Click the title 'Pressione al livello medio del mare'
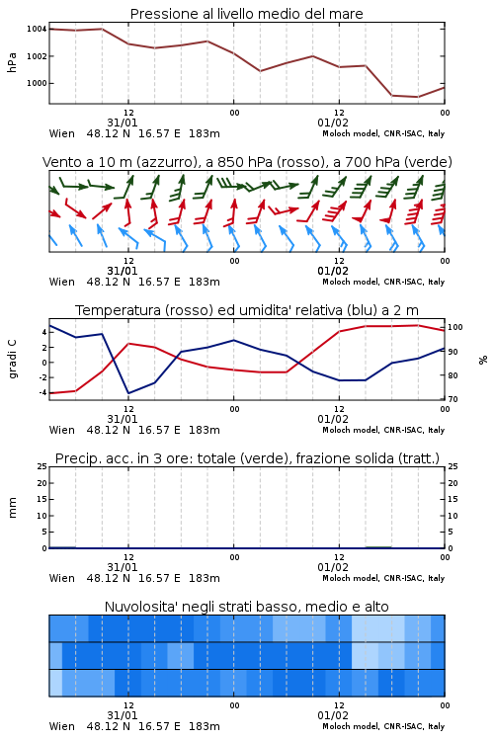(x=246, y=14)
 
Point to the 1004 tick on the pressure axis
(x=37, y=29)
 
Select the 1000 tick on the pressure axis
(x=37, y=83)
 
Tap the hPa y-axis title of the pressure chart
(x=12, y=62)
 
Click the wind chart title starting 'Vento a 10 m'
(x=247, y=162)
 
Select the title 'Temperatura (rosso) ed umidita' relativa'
(x=247, y=310)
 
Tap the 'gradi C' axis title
(x=13, y=360)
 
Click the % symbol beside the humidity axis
(x=483, y=360)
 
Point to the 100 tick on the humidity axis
(x=455, y=327)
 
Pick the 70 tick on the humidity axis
(x=453, y=399)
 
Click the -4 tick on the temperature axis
(x=42, y=392)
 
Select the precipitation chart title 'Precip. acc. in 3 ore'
(x=247, y=458)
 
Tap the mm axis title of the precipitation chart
(x=13, y=508)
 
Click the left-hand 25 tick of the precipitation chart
(x=42, y=466)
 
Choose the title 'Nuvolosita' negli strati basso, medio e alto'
(x=247, y=607)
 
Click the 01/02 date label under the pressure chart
(x=333, y=123)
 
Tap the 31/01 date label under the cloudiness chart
(x=123, y=716)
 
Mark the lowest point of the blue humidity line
(x=128, y=393)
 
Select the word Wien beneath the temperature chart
(x=62, y=430)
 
